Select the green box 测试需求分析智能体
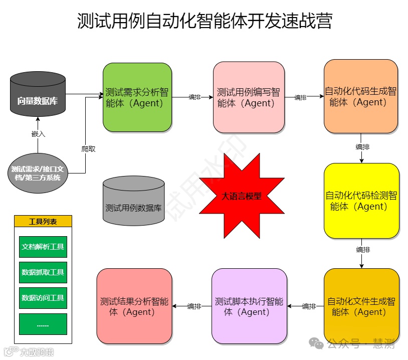[x=137, y=97]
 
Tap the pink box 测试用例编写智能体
[x=249, y=97]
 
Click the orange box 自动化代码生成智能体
[x=360, y=96]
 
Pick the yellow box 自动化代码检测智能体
[x=361, y=201]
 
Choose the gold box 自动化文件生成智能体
[x=361, y=306]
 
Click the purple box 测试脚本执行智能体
[x=249, y=306]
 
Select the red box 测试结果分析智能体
[x=134, y=306]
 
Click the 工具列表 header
[x=43, y=221]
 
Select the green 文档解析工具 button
[x=43, y=247]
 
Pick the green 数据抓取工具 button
[x=43, y=272]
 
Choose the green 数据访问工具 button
[x=43, y=298]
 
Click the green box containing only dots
[x=43, y=324]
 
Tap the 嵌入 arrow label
[x=38, y=134]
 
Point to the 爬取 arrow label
[x=88, y=149]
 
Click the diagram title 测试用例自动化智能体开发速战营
[x=205, y=22]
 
